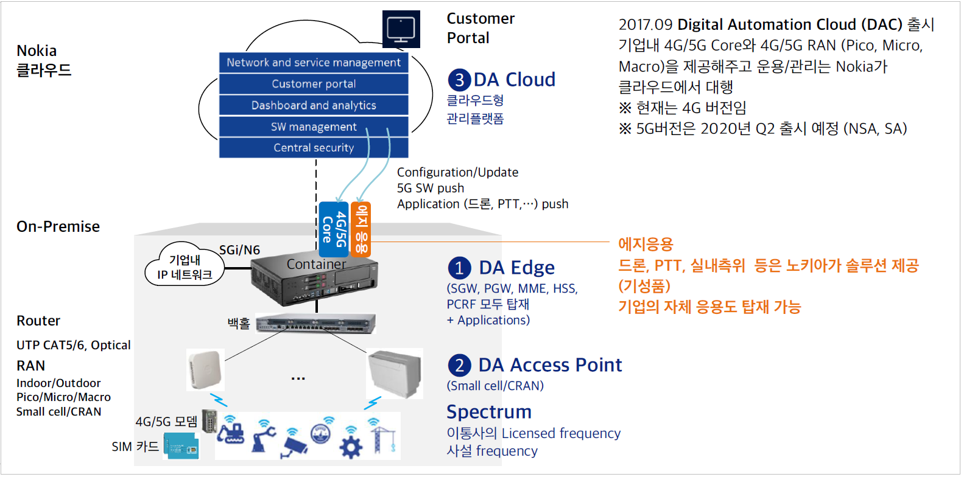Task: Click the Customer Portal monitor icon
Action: point(401,29)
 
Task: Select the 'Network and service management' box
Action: point(314,63)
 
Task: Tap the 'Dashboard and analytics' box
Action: point(314,105)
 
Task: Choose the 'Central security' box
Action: point(314,148)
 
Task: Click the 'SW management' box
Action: point(314,127)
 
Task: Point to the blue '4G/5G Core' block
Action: point(334,229)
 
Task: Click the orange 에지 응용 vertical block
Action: point(361,229)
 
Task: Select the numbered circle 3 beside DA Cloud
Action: point(459,80)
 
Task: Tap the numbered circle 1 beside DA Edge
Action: point(459,268)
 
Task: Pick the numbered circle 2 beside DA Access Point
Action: point(459,366)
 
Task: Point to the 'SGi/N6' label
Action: point(239,250)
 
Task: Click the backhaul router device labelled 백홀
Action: point(315,324)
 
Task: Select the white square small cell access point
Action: point(205,369)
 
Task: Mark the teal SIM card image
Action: point(181,446)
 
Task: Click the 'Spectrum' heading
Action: point(489,412)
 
